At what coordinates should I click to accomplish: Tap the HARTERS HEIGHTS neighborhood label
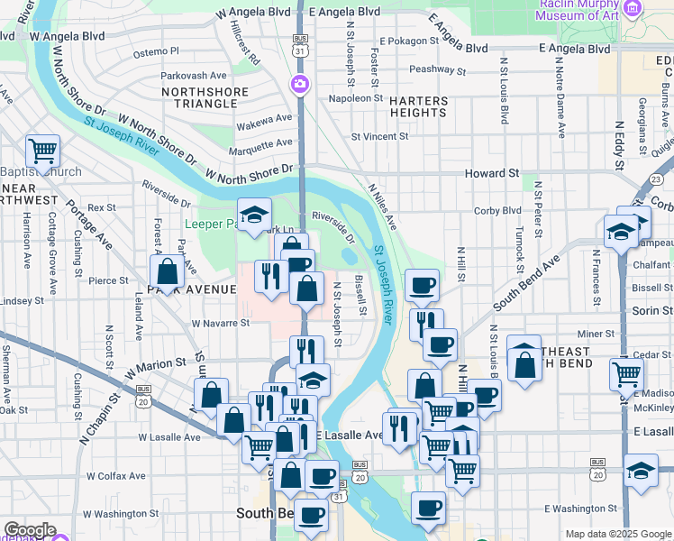point(418,106)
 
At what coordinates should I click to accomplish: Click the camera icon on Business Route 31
point(299,85)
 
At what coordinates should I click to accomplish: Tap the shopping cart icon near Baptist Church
point(41,151)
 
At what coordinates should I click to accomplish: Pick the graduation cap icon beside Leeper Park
point(255,215)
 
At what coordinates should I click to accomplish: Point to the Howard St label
point(492,172)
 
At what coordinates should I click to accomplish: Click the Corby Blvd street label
point(499,210)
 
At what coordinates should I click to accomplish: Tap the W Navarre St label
point(220,322)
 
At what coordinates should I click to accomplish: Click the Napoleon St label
point(356,98)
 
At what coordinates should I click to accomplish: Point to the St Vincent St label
point(379,137)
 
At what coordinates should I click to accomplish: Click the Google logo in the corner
point(29,530)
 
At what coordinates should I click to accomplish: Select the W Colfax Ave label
point(115,475)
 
